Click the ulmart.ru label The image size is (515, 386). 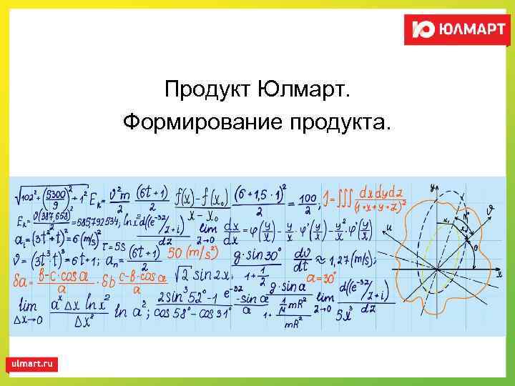click(33, 364)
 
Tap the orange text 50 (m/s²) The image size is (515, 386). click(192, 252)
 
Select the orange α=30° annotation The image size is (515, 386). click(322, 277)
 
